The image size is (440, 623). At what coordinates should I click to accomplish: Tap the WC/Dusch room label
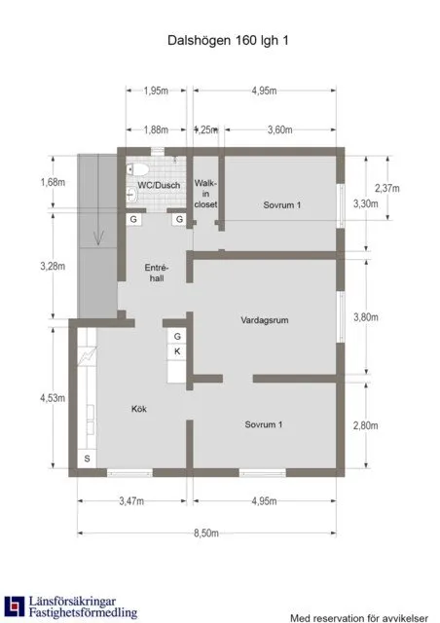point(158,184)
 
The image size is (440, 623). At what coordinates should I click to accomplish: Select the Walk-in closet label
point(204,193)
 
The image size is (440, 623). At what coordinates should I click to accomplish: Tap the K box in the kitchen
point(177,351)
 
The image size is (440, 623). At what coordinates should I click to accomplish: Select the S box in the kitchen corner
point(86,458)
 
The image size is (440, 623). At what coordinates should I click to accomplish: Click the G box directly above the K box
point(177,336)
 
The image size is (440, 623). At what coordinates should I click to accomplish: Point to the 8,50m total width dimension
point(206,533)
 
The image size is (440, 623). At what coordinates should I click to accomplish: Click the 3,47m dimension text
point(130,502)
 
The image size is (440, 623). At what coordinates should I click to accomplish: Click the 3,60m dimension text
point(279,128)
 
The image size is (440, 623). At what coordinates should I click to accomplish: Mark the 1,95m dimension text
point(157,91)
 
